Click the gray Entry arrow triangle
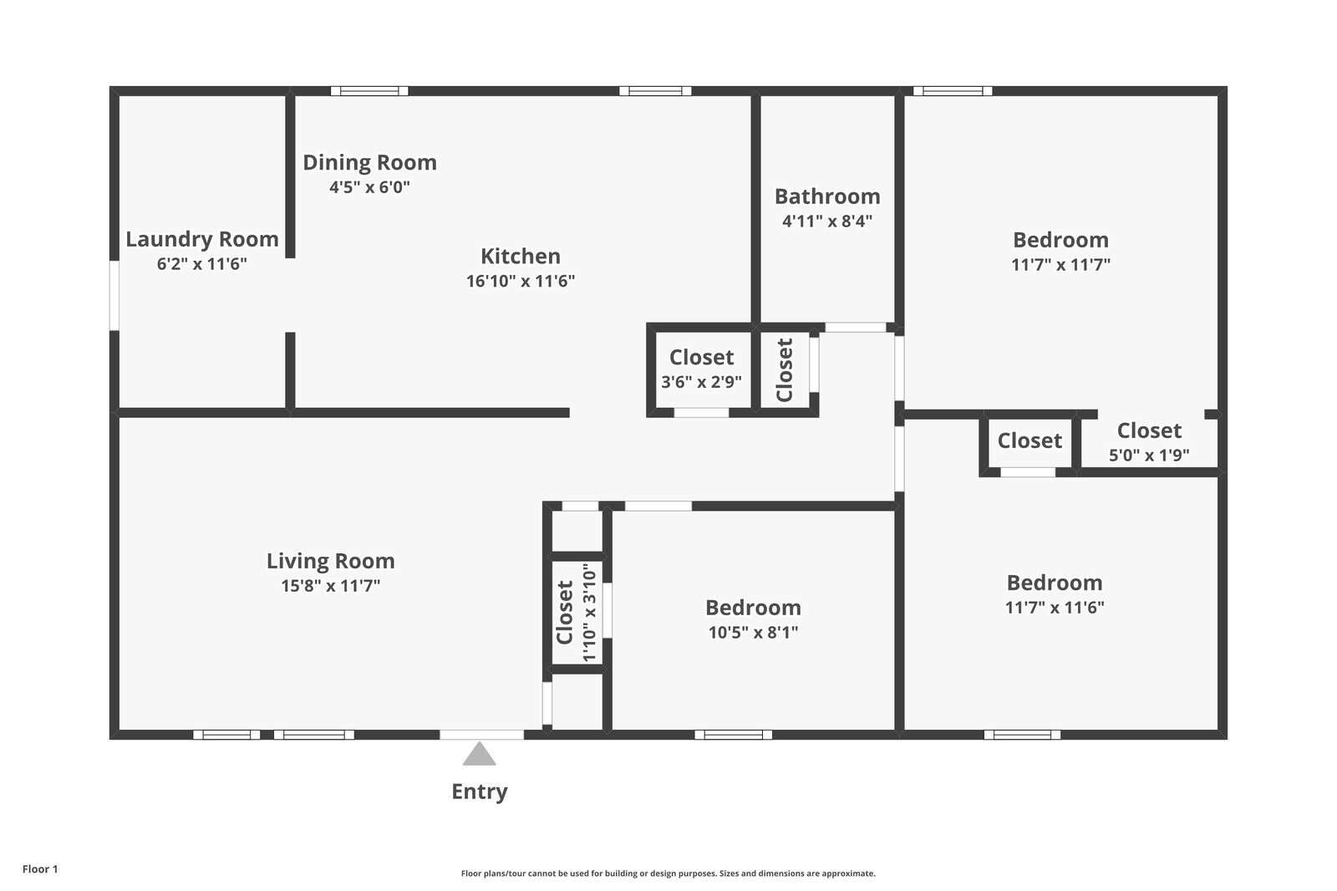click(480, 754)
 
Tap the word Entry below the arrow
click(480, 792)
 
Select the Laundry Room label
click(201, 239)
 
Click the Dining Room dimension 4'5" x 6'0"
click(369, 187)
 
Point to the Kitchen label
click(521, 257)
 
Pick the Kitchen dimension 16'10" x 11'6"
click(521, 281)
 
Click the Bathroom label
click(827, 196)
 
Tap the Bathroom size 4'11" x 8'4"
click(827, 221)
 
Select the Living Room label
click(331, 561)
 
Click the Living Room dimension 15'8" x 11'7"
click(331, 585)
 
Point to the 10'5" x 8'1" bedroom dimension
click(753, 632)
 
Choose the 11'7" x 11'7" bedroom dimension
click(1060, 264)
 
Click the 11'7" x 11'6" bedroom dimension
click(1055, 608)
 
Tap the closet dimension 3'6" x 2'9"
click(701, 382)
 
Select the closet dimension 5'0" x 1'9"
click(1149, 455)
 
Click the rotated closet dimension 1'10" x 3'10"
click(589, 612)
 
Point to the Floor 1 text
click(40, 869)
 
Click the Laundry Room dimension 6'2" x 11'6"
click(201, 263)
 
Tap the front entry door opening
click(481, 735)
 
